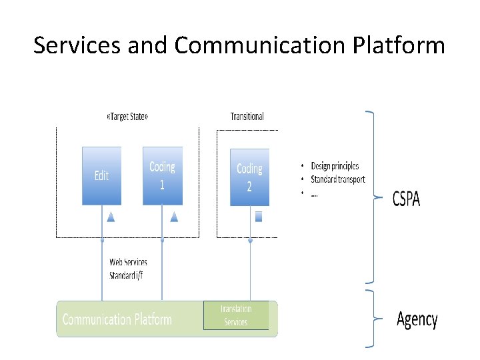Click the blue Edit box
[x=101, y=176]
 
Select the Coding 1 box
[x=162, y=176]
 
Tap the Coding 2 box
[x=249, y=177]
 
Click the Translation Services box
[x=236, y=315]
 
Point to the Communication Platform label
[x=117, y=319]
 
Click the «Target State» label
[x=127, y=116]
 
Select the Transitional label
[x=247, y=116]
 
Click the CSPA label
[x=406, y=198]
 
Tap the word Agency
[x=417, y=319]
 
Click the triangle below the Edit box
[x=111, y=216]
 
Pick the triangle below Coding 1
[x=174, y=216]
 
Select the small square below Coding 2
[x=259, y=216]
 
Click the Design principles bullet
[x=334, y=166]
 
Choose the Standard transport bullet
[x=337, y=179]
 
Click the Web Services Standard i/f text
[x=128, y=269]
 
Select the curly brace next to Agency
[x=371, y=319]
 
